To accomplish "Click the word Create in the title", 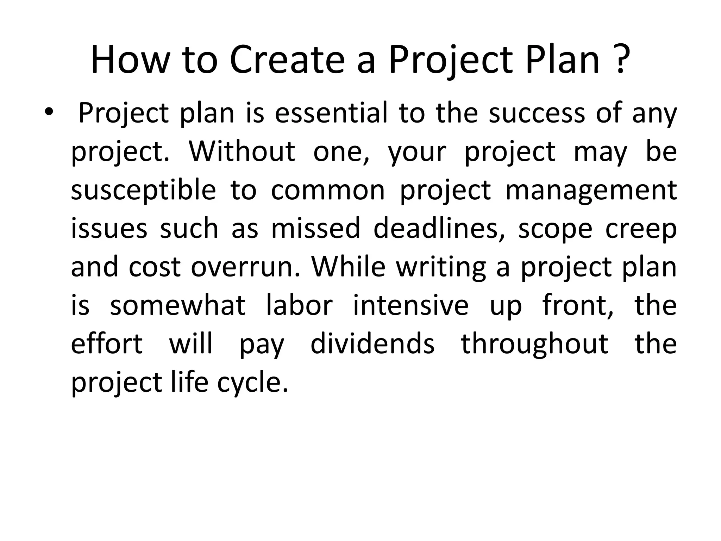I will (x=287, y=60).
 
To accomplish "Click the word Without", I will (x=242, y=151).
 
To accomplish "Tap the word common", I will (x=328, y=190).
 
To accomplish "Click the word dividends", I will (x=372, y=344).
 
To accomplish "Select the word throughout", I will (x=534, y=344).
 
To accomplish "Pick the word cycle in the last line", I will (x=252, y=383).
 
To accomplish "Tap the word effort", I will (x=107, y=344).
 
